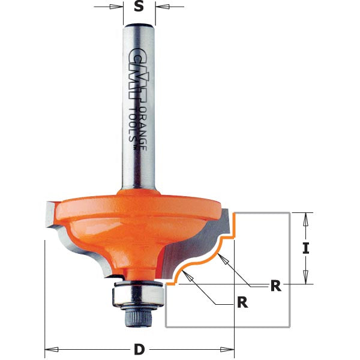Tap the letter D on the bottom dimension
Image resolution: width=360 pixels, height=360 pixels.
(139, 349)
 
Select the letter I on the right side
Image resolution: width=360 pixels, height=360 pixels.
(306, 247)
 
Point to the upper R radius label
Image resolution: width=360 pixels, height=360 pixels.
(275, 286)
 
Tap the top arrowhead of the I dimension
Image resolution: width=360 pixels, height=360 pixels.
(306, 218)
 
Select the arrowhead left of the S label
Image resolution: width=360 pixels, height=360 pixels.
(116, 7)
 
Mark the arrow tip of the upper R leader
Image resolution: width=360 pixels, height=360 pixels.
(220, 254)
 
